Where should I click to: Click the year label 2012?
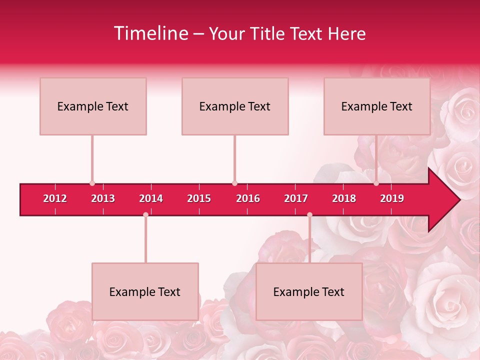pos(55,198)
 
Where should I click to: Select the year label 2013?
pos(103,198)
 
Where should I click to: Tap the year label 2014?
pos(151,198)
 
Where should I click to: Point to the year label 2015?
pos(199,198)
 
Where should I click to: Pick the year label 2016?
pos(248,198)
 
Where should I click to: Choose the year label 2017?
pos(296,198)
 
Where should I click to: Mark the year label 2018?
pos(344,198)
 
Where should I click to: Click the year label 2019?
pos(392,198)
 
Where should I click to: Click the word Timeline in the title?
pos(150,33)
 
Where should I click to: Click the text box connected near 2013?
pos(93,106)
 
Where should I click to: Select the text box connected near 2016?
pos(235,106)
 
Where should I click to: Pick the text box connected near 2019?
pos(377,106)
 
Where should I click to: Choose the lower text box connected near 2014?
pos(145,291)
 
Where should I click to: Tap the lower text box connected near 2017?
pos(309,291)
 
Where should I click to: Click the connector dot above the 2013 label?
pos(92,183)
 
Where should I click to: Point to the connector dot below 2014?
pos(145,214)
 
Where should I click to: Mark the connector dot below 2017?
pos(309,214)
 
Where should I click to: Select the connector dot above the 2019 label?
pos(376,183)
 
